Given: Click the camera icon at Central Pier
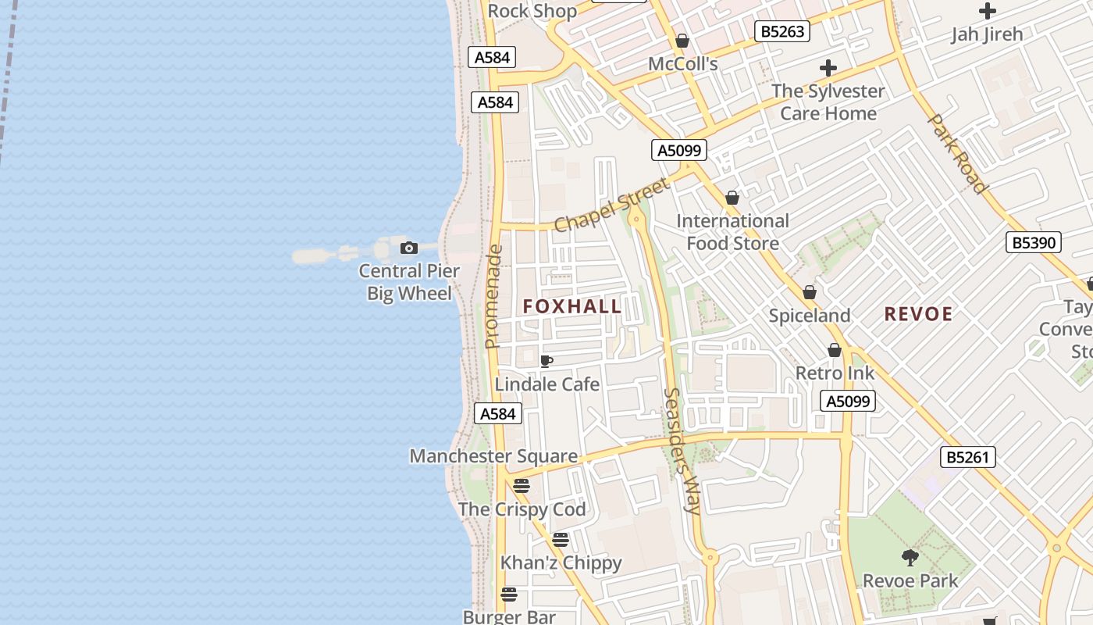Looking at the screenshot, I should (408, 248).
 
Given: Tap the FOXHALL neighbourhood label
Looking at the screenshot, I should (572, 306).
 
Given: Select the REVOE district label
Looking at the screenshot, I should (918, 314).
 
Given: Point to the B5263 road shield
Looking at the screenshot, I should (781, 31).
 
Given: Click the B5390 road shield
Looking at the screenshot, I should (1034, 242).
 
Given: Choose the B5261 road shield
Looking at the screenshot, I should (968, 457).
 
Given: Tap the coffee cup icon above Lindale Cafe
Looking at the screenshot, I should (546, 361).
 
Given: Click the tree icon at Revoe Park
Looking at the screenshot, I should (910, 558).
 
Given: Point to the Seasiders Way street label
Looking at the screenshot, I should (681, 451).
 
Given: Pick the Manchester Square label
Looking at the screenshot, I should (493, 456).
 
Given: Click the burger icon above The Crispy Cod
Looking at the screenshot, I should (522, 486).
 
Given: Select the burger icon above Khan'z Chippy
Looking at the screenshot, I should (560, 539).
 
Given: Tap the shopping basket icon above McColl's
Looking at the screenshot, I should (682, 41).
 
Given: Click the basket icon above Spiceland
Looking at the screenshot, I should (810, 293).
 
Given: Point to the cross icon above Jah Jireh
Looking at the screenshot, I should (987, 11).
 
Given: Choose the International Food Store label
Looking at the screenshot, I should (732, 232).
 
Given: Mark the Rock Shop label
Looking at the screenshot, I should (532, 11).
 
